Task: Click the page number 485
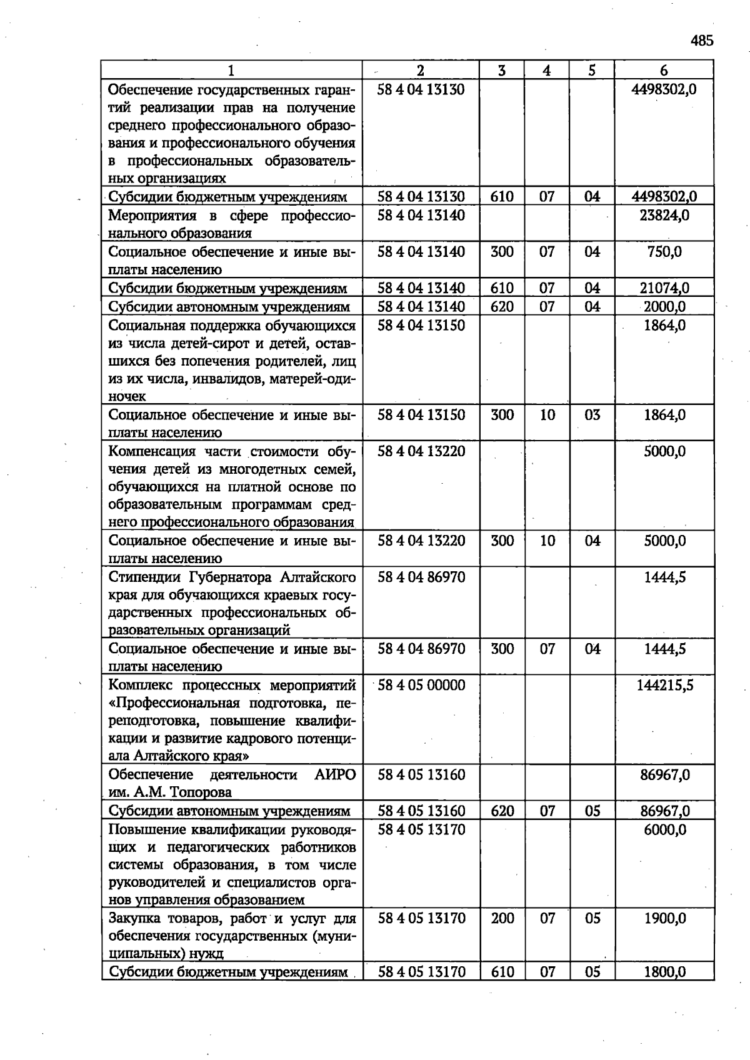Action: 702,41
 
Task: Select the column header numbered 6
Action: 664,71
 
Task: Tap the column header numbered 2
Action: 421,71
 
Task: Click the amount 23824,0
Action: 664,216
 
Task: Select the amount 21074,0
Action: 664,288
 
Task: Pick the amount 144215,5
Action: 664,685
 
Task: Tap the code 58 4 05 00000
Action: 421,685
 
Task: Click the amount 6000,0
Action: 664,829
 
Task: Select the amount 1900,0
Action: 664,918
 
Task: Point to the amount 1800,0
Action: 664,972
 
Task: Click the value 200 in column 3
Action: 502,918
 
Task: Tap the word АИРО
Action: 335,775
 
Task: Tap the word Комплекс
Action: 138,686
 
